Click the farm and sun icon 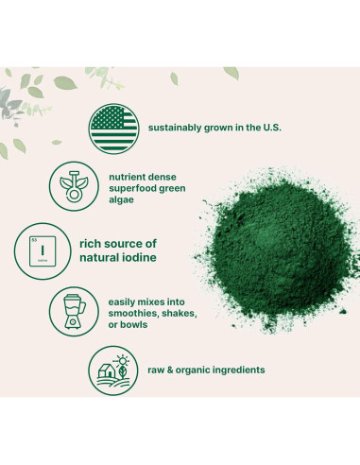coord(112,370)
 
